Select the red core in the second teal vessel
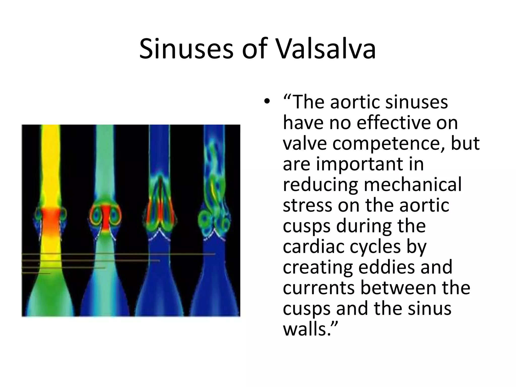tap(106, 217)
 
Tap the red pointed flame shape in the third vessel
tap(160, 199)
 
